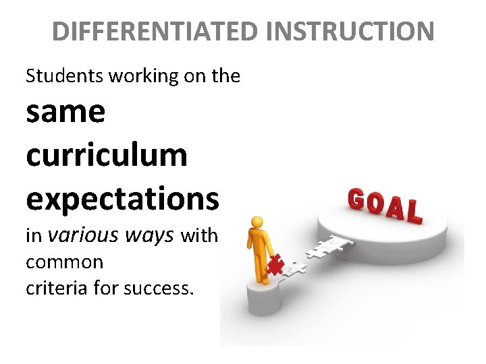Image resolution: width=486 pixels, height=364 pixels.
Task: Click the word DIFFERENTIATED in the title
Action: point(154,31)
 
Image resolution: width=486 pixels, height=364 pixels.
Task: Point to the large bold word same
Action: point(65,112)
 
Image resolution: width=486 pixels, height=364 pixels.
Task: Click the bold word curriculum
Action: point(107,154)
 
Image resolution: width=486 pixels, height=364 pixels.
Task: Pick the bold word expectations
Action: point(122,199)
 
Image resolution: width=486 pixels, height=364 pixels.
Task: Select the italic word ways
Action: point(149,235)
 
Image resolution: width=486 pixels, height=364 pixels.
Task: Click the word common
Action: point(64,261)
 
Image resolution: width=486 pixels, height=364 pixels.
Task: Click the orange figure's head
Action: point(256,222)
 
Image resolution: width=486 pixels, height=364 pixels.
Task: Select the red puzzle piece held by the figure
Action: point(275,264)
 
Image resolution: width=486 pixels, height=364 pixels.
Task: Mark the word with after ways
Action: point(199,235)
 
